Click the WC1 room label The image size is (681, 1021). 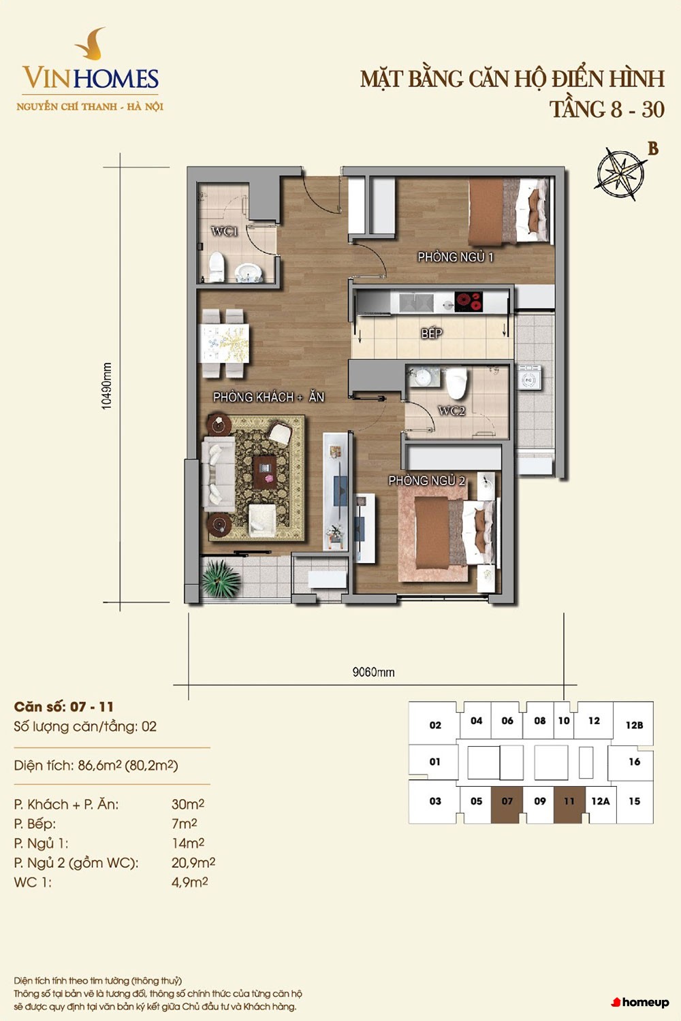tap(225, 231)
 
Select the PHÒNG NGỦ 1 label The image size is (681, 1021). tap(455, 257)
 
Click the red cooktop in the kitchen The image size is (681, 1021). tap(469, 302)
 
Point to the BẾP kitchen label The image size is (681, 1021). tap(432, 334)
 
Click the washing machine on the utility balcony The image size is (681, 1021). tap(530, 377)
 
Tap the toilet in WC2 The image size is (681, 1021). tap(456, 383)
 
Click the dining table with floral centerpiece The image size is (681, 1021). tap(225, 343)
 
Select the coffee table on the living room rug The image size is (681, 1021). tap(265, 472)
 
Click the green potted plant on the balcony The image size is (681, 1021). tap(221, 579)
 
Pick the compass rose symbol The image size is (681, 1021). tap(621, 174)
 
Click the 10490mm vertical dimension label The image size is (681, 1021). tap(107, 386)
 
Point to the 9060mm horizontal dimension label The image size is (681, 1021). tap(373, 672)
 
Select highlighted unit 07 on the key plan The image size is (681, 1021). tap(507, 801)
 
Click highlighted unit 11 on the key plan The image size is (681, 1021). tap(569, 801)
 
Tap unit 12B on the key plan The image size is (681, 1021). tap(634, 725)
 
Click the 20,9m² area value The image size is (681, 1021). tap(193, 862)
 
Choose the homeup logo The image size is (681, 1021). tap(640, 1003)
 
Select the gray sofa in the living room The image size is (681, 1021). tap(219, 474)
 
